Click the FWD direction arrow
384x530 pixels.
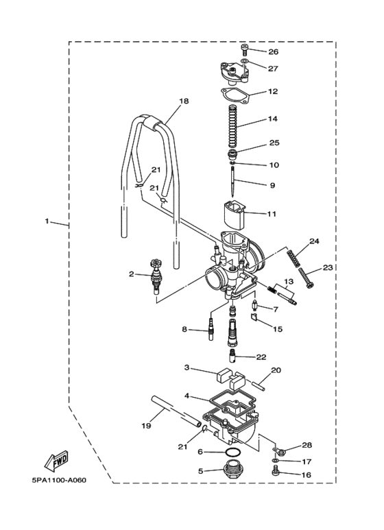coord(57,461)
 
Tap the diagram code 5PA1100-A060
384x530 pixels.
coord(59,481)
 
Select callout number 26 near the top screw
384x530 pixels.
coord(273,51)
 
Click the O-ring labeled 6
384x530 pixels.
coord(232,452)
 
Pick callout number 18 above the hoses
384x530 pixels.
coord(184,101)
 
